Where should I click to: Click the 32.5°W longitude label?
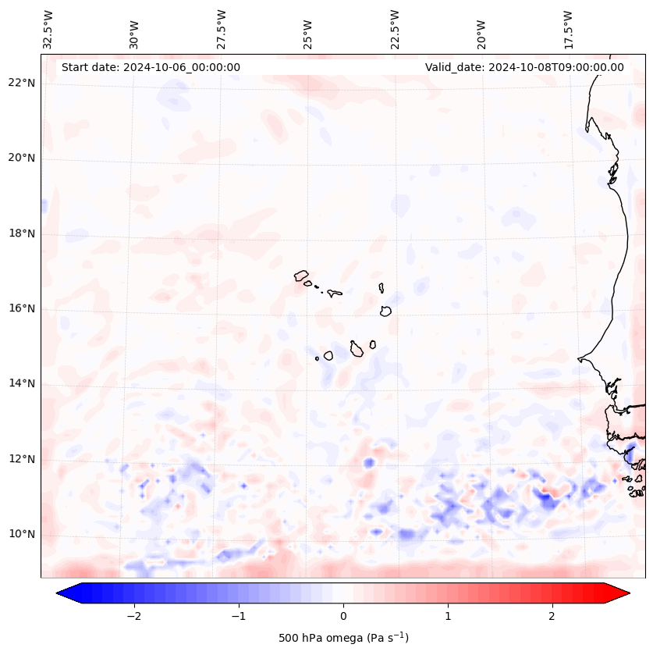coord(48,29)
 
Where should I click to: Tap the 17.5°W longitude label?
coord(569,29)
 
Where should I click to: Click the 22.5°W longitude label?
coord(396,29)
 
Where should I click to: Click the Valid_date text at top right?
coord(524,67)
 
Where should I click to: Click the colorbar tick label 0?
coord(343,616)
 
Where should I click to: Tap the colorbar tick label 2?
coord(552,616)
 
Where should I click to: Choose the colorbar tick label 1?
coord(448,616)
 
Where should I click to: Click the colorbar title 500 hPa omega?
coord(343,638)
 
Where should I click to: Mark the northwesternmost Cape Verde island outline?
coord(301,275)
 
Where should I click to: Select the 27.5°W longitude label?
coord(222,29)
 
